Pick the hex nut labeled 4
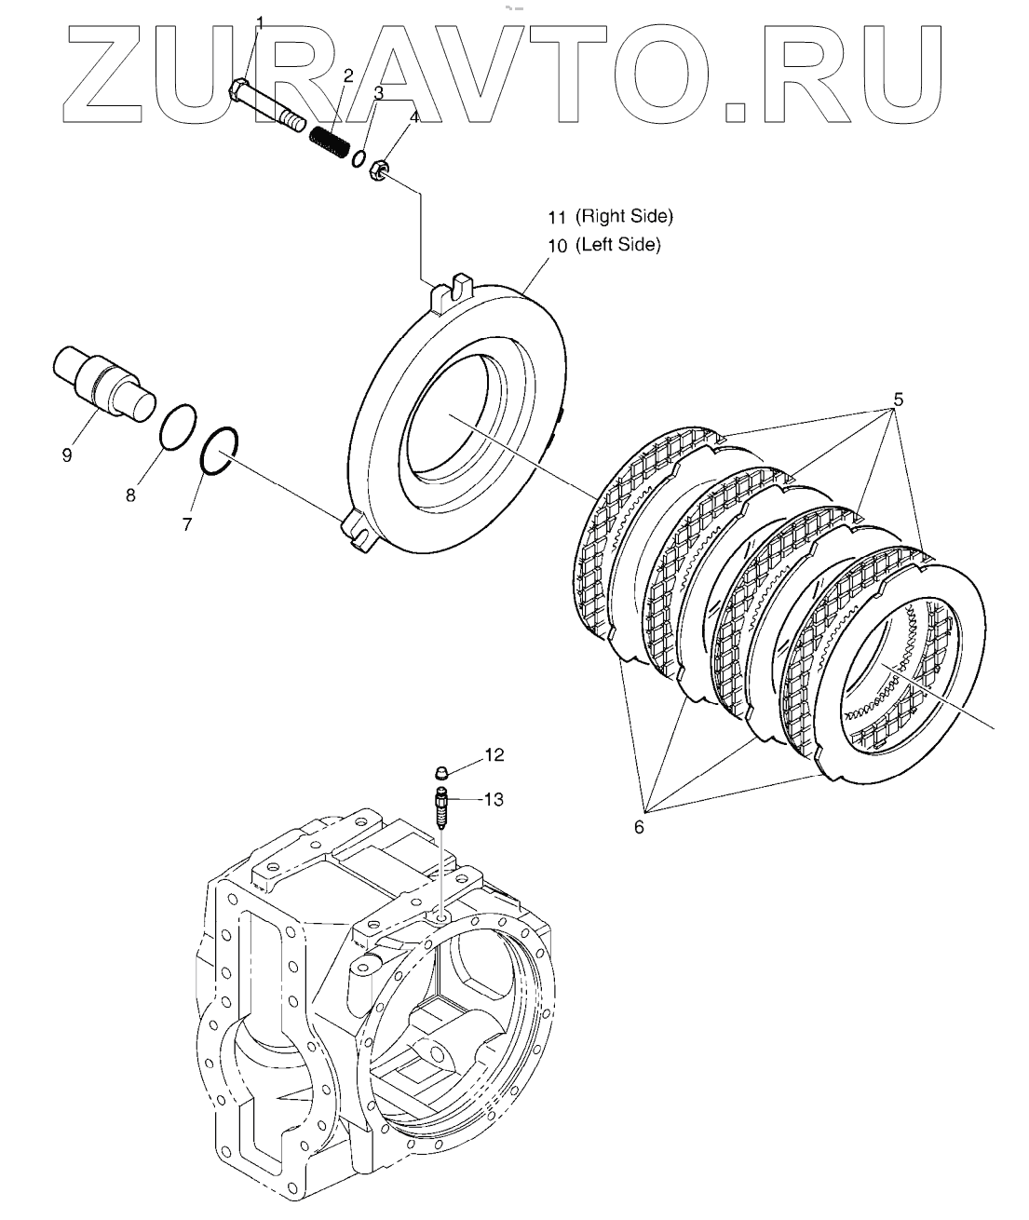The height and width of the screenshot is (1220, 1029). [x=379, y=171]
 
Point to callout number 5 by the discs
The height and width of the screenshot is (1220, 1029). [x=898, y=400]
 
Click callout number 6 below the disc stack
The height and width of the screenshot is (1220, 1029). [x=639, y=826]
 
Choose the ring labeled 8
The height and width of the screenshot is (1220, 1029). [x=178, y=427]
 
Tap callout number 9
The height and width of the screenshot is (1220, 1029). [x=67, y=455]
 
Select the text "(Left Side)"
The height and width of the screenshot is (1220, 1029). [x=617, y=245]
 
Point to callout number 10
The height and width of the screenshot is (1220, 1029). [x=557, y=246]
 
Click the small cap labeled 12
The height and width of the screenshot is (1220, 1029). [x=444, y=771]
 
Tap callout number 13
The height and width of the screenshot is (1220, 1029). [x=494, y=799]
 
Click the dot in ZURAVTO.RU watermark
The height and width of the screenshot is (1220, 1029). [x=736, y=111]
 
